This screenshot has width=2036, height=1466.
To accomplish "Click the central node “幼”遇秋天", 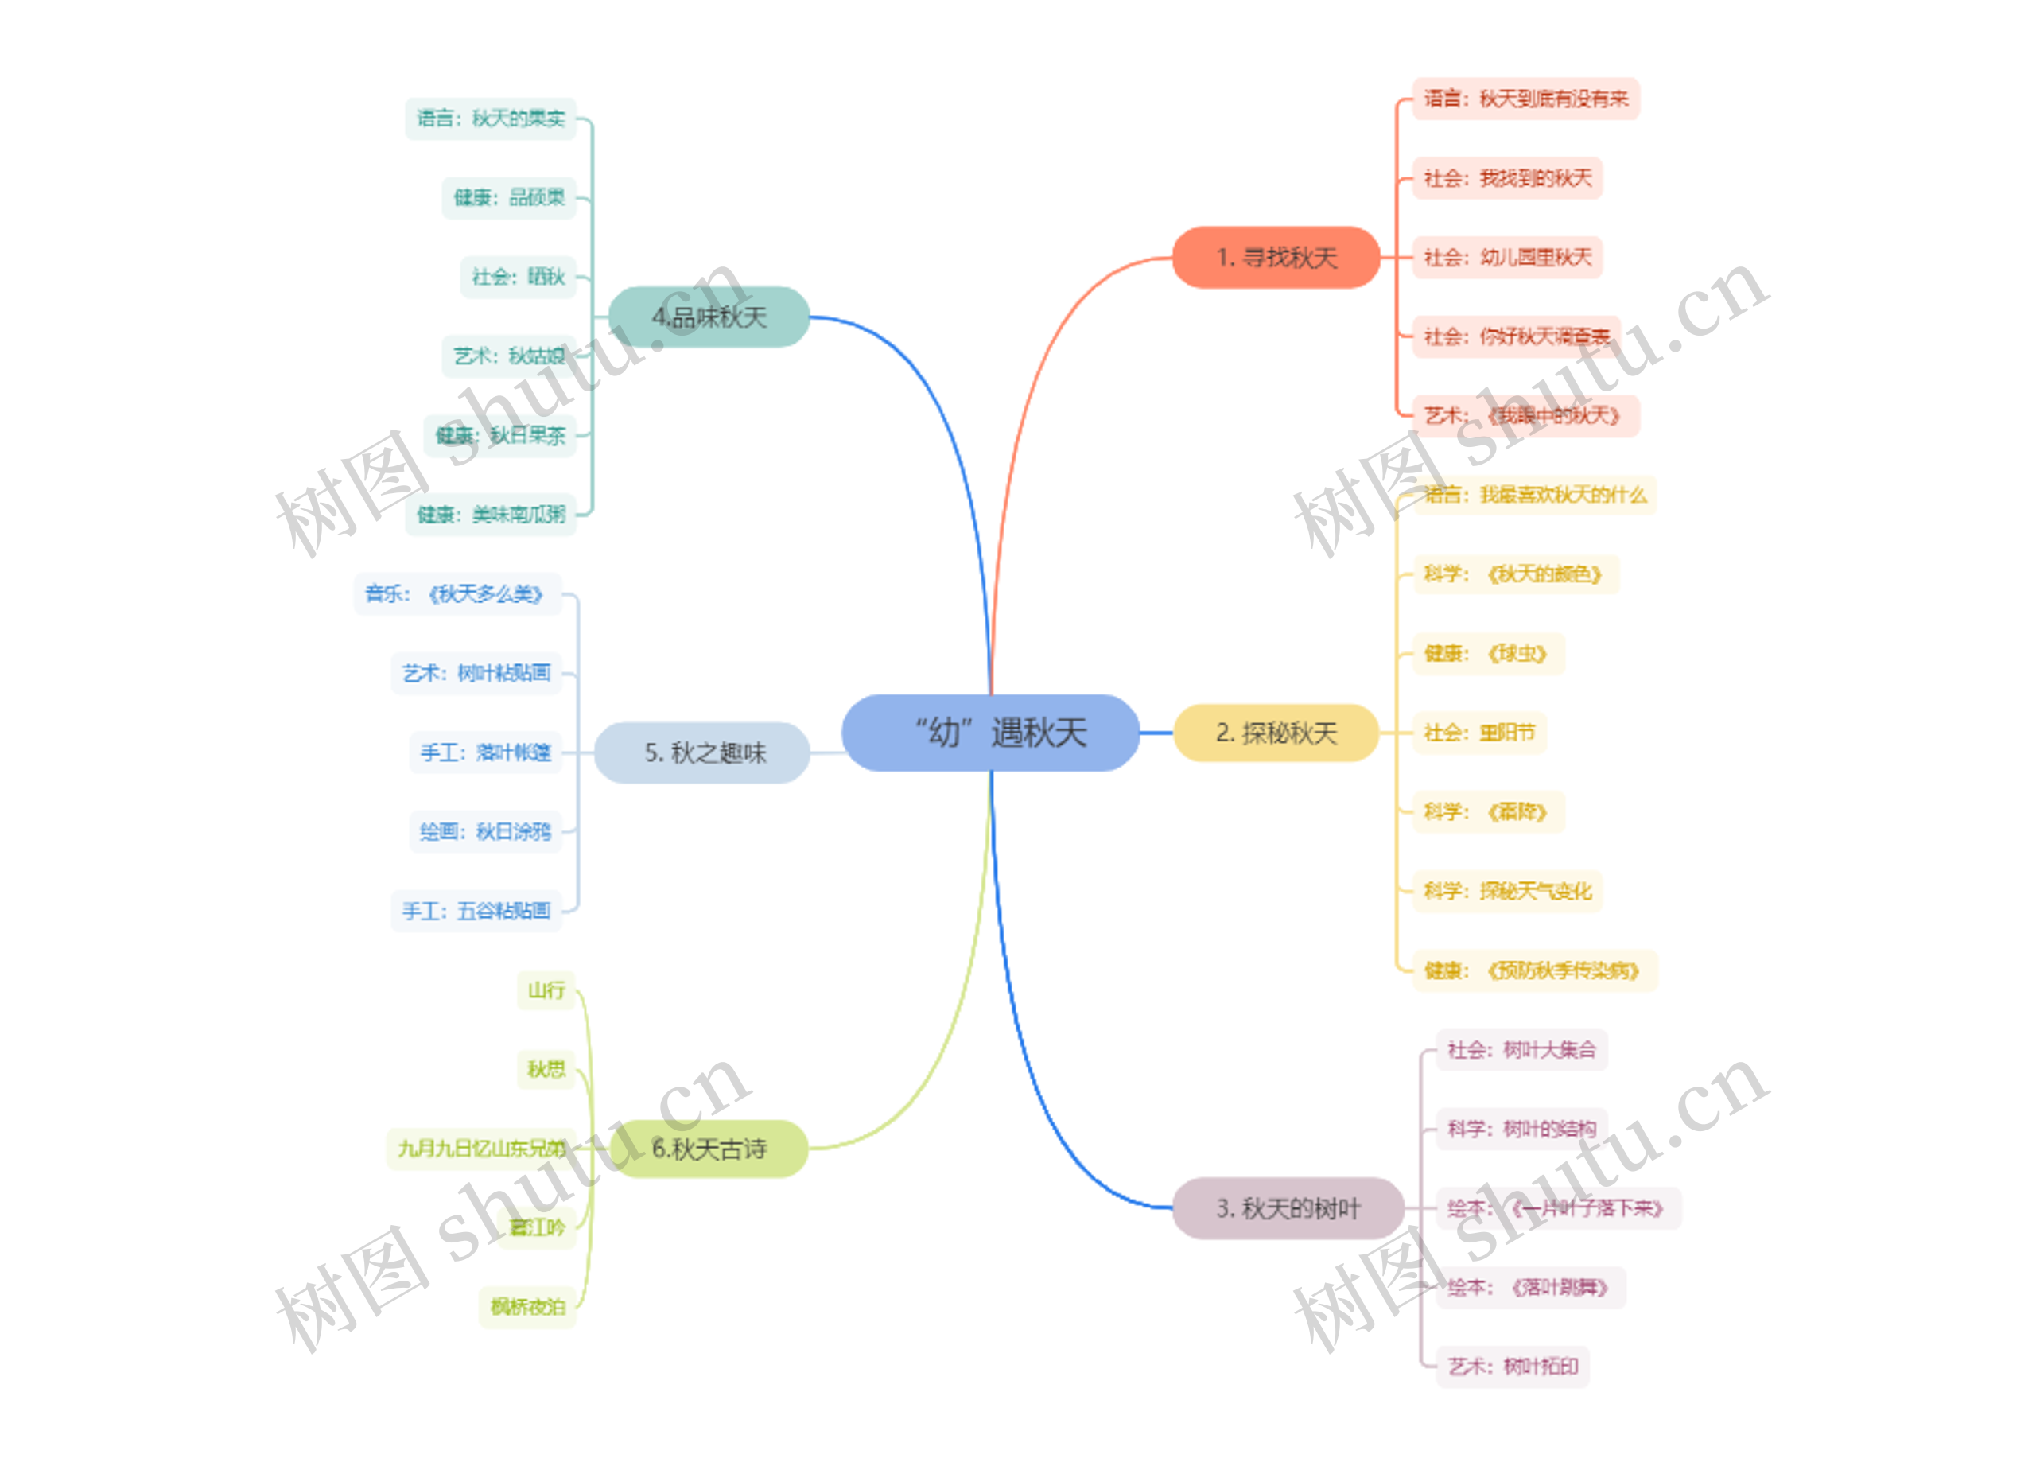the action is (990, 733).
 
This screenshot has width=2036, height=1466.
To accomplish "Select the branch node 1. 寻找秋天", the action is (1276, 258).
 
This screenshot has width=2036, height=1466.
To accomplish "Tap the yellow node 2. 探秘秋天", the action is (1276, 733).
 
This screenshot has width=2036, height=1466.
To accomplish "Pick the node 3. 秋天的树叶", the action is (1288, 1208).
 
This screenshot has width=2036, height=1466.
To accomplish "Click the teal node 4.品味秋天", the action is (709, 317).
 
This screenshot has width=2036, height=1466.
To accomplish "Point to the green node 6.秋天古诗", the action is (709, 1148).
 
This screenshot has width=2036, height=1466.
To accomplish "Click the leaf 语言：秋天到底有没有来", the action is (1525, 99).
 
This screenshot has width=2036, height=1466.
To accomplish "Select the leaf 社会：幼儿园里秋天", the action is (1506, 258).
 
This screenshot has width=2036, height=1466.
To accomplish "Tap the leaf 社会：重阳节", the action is (1478, 733).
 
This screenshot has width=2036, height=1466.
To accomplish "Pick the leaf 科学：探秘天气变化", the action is (1506, 891).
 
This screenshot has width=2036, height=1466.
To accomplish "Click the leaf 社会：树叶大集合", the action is (1521, 1049).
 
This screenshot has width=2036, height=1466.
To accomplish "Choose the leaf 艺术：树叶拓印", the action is (1512, 1367).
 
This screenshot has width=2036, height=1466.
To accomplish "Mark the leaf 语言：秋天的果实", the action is (490, 119).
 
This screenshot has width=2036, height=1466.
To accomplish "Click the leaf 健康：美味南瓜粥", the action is (490, 515).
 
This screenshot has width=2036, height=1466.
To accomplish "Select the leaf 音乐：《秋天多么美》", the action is (457, 593).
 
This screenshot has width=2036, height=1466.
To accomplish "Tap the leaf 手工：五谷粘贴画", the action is (476, 912).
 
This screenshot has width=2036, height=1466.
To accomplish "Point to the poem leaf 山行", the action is (546, 990).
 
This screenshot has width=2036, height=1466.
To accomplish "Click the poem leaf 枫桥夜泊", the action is (527, 1306).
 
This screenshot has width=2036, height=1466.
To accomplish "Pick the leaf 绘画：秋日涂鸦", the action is (485, 831).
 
